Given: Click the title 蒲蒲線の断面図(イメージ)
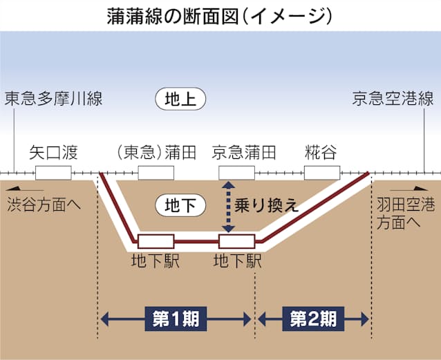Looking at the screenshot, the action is pyautogui.click(x=220, y=17).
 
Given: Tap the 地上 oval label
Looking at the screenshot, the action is pyautogui.click(x=180, y=99).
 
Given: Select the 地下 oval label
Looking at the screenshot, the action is pyautogui.click(x=180, y=205).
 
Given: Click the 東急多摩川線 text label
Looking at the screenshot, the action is pyautogui.click(x=53, y=99).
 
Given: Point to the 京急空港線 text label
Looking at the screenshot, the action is pyautogui.click(x=393, y=99).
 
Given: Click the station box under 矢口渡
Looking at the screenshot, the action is pyautogui.click(x=53, y=173).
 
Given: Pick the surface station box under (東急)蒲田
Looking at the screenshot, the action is pyautogui.click(x=156, y=173).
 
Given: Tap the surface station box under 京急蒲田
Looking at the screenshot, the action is pyautogui.click(x=237, y=173).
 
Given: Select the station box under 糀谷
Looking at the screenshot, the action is pyautogui.click(x=322, y=173).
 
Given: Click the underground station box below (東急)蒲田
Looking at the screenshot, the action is pyautogui.click(x=156, y=241).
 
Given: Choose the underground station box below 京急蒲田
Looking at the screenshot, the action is pyautogui.click(x=237, y=241).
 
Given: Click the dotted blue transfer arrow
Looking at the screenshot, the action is pyautogui.click(x=228, y=207).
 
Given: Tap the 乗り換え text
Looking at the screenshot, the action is pyautogui.click(x=266, y=206).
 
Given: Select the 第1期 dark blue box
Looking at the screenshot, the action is pyautogui.click(x=176, y=319).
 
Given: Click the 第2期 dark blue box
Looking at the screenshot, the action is pyautogui.click(x=313, y=319).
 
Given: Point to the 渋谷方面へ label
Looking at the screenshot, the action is pyautogui.click(x=44, y=205).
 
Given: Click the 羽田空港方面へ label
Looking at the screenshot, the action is pyautogui.click(x=406, y=214).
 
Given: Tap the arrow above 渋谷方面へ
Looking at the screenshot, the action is pyautogui.click(x=25, y=189).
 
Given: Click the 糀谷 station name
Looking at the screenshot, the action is pyautogui.click(x=321, y=153).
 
